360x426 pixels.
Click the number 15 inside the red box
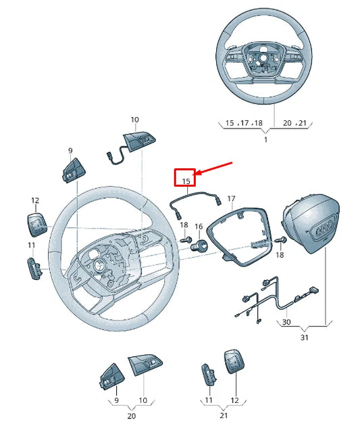(184, 181)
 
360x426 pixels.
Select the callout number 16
(199, 227)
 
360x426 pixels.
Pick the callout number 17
(231, 199)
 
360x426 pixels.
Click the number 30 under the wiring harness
(286, 323)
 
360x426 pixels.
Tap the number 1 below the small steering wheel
(265, 139)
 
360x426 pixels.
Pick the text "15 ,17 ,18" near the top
(244, 123)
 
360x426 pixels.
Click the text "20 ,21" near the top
(294, 123)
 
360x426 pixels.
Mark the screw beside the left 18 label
(184, 241)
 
